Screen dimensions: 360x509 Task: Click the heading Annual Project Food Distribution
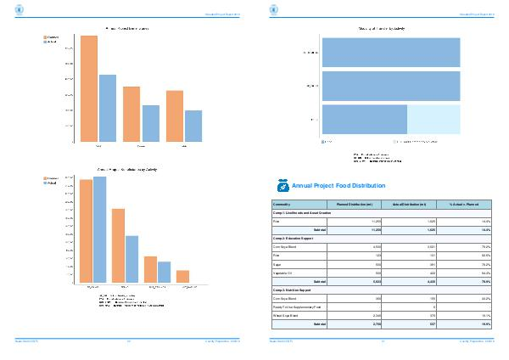[338, 185]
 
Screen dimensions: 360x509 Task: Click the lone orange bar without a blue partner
[182, 276]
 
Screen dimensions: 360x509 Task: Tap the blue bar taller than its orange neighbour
[100, 229]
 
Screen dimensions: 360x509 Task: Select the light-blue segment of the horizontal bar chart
[434, 118]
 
